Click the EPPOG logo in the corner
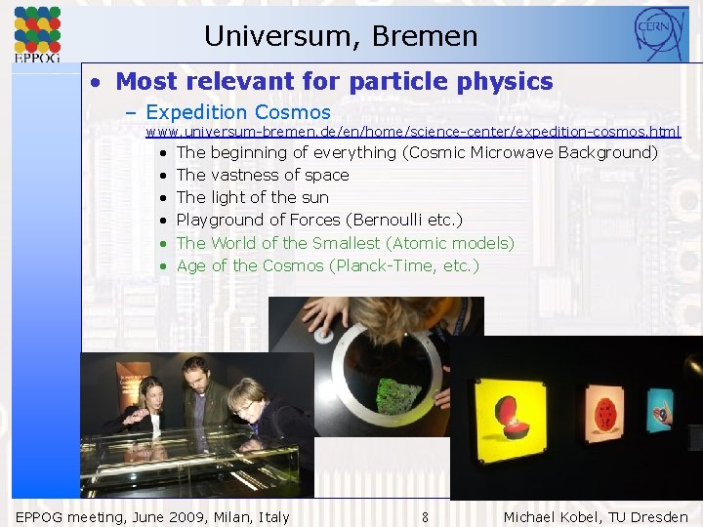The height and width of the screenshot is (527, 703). pyautogui.click(x=37, y=34)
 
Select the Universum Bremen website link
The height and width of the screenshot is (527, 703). pyautogui.click(x=413, y=131)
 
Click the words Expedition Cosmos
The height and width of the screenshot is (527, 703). pyautogui.click(x=238, y=112)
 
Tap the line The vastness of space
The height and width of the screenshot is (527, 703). pyautogui.click(x=262, y=175)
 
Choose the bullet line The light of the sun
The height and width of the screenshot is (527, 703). pyautogui.click(x=252, y=197)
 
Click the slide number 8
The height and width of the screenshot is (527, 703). pyautogui.click(x=425, y=517)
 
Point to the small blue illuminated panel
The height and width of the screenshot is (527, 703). pyautogui.click(x=661, y=409)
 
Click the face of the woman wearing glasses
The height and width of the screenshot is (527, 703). pyautogui.click(x=244, y=397)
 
